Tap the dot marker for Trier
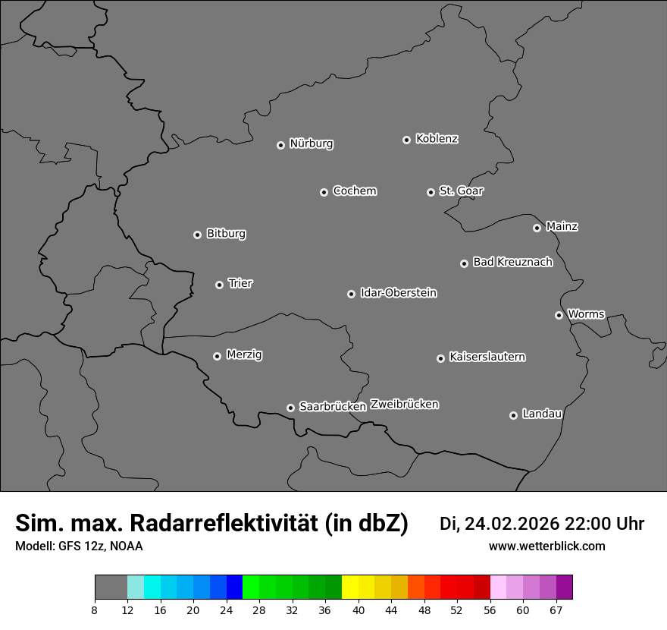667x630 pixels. coord(220,285)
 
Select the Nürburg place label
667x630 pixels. coord(311,143)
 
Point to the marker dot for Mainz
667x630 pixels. coord(537,228)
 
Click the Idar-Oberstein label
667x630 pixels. coord(398,293)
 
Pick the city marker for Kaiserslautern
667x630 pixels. coord(440,358)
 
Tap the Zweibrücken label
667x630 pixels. coord(404,405)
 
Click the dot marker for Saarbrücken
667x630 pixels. coord(290,408)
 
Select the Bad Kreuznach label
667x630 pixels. coord(512,262)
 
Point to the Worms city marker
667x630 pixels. coord(559,315)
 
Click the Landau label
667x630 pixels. coord(542,414)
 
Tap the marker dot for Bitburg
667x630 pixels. coord(197,235)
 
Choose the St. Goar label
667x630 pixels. coord(461,191)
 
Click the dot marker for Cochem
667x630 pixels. coord(324,193)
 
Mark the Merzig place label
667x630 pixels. coord(244,354)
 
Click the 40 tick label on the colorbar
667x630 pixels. coord(359,610)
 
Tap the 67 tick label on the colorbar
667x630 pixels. coord(556,610)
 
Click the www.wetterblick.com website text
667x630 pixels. coord(546,547)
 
